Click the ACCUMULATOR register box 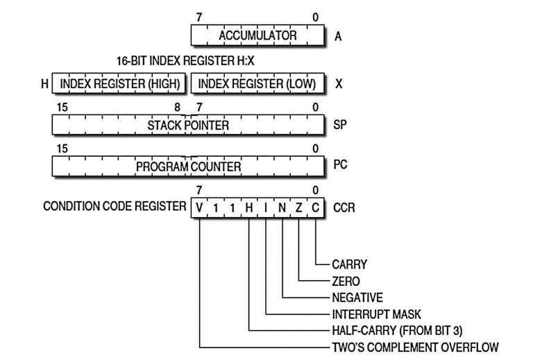click(x=257, y=36)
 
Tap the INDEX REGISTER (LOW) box click(x=257, y=84)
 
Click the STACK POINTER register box click(x=187, y=125)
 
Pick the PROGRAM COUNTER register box click(x=187, y=167)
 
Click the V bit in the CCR click(x=200, y=207)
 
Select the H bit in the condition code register click(x=249, y=207)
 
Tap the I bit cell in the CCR click(x=266, y=207)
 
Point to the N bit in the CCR click(x=282, y=207)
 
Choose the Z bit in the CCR click(x=299, y=207)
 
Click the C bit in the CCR click(x=316, y=207)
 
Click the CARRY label click(x=349, y=264)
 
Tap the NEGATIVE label click(x=357, y=298)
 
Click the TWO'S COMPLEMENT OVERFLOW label click(x=415, y=347)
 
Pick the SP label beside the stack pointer click(x=340, y=126)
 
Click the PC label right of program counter click(x=340, y=167)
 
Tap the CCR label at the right click(x=344, y=207)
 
